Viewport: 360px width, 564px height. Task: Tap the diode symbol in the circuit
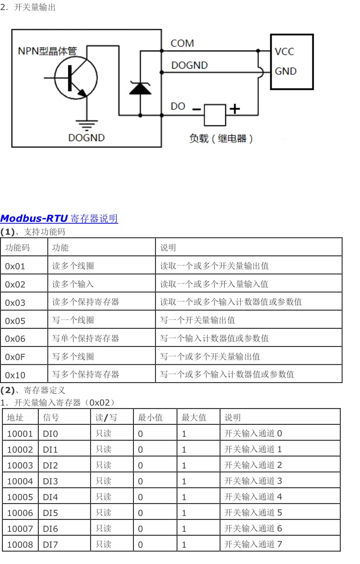(x=141, y=88)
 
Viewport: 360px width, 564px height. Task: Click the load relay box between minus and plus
(x=215, y=114)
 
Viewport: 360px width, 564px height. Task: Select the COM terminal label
(x=182, y=43)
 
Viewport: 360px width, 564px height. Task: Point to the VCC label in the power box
(x=285, y=51)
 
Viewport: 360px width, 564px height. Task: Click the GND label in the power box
(x=286, y=71)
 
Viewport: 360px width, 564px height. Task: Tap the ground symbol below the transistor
(x=86, y=126)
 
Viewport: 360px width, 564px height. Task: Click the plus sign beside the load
(x=234, y=109)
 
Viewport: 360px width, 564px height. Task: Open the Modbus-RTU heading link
(x=59, y=219)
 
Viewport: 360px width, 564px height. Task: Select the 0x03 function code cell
(x=15, y=302)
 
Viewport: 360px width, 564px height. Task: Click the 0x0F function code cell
(x=15, y=357)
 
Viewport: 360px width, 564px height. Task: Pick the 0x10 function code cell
(x=15, y=375)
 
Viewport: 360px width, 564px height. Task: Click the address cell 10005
(x=20, y=497)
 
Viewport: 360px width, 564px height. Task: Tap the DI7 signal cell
(x=50, y=544)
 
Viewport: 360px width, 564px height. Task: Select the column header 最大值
(x=194, y=418)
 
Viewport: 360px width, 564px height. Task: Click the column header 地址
(x=15, y=418)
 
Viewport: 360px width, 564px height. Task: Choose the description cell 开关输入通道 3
(x=253, y=481)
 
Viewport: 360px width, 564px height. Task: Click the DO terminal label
(x=178, y=106)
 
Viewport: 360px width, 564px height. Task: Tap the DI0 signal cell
(x=50, y=434)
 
